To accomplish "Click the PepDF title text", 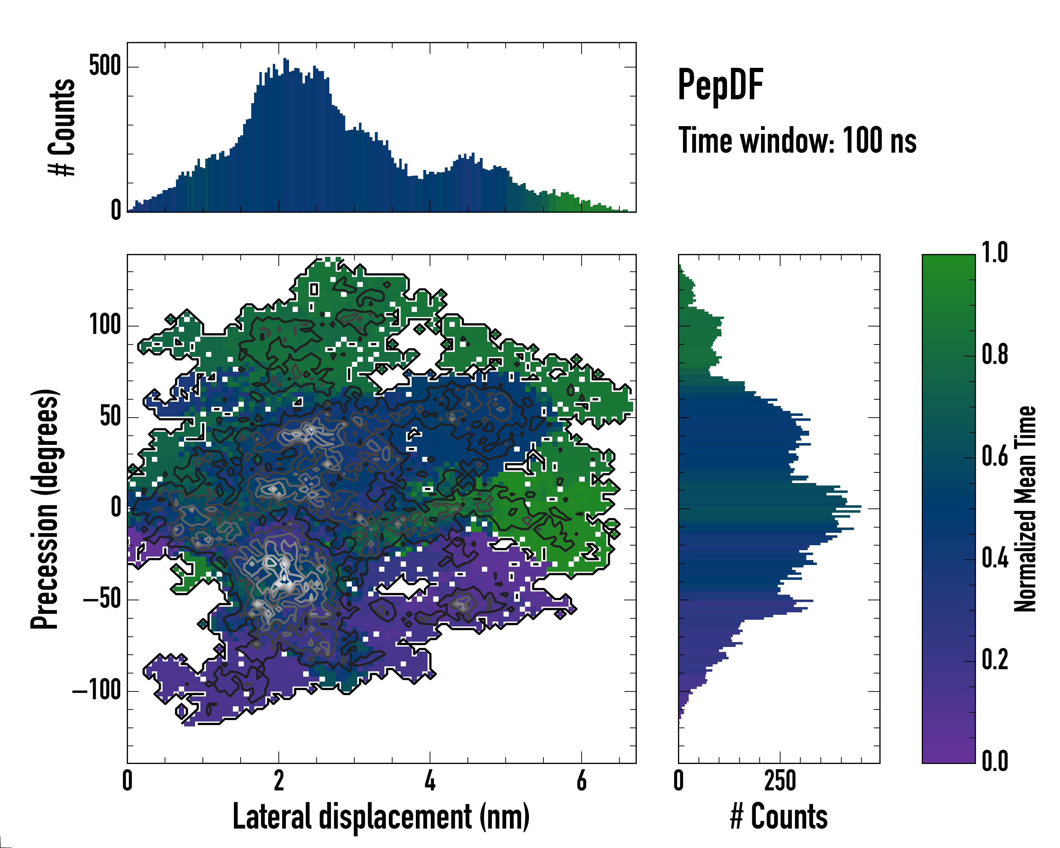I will coord(720,84).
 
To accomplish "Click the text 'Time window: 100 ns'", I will coord(797,141).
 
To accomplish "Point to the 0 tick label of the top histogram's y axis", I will coord(116,210).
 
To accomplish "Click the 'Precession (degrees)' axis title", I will coord(45,509).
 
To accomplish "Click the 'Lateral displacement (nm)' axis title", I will coord(381,817).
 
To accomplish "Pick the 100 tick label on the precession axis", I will coord(105,325).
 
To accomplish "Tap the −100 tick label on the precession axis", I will coord(97,691).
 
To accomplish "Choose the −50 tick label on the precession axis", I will coord(102,599).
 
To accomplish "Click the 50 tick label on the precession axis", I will coord(111,417).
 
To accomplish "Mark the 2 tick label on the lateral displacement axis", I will coord(279,781).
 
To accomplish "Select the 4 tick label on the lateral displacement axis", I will coord(430,781).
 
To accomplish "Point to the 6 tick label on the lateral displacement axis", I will coord(582,781).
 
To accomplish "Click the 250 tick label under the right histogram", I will coord(780,781).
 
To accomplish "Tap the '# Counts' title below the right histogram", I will coord(779,817).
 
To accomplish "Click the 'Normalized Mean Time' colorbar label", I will coord(1026,509).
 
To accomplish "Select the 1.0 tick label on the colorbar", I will coord(995,253).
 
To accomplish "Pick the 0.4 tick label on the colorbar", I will coord(995,559).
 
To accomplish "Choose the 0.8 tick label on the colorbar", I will coord(995,355).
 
